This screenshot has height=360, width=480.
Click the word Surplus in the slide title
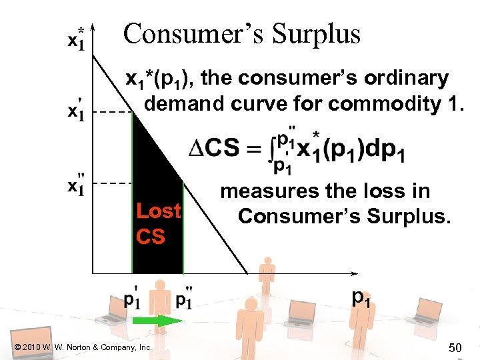[317, 33]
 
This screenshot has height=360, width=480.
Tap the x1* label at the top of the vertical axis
[77, 38]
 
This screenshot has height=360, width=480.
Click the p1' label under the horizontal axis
[132, 299]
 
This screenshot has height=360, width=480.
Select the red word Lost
[158, 211]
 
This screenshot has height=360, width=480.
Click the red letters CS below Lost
[150, 235]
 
